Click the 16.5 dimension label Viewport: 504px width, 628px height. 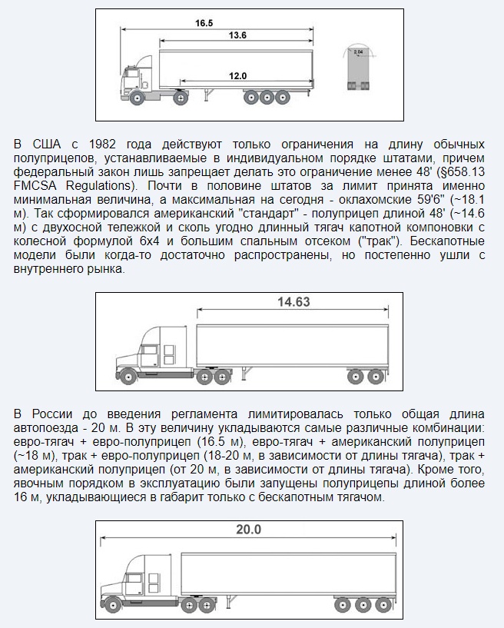(x=204, y=23)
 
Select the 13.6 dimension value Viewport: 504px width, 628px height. (x=237, y=36)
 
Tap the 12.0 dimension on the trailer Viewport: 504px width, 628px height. (x=237, y=75)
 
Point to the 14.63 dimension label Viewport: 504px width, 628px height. (x=293, y=302)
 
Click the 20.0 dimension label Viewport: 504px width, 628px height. (x=248, y=530)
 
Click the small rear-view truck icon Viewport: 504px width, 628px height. (x=358, y=70)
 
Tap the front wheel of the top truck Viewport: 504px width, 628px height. (x=137, y=98)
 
